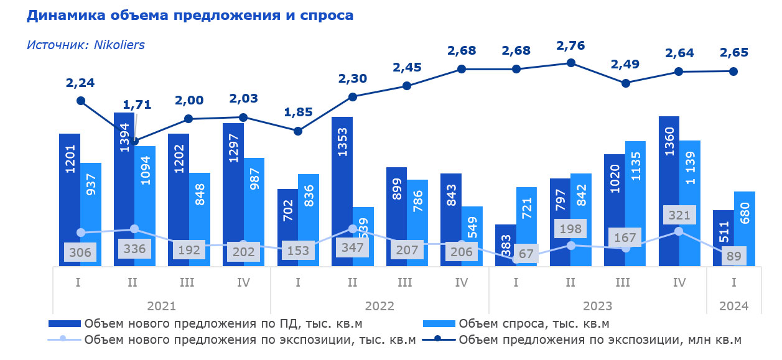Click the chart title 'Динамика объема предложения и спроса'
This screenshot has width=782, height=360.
pos(190,16)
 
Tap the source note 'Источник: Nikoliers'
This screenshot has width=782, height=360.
pos(86,45)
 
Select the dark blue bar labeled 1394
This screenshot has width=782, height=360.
pos(124,187)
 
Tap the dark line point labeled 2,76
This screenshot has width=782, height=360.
pos(571,63)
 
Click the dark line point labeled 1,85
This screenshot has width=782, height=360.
pos(298,131)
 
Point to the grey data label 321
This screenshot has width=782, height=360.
pos(679,215)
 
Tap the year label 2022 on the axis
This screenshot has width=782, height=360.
pos(379,306)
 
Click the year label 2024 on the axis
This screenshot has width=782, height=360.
pos(734,306)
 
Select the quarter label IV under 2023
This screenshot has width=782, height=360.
pos(679,283)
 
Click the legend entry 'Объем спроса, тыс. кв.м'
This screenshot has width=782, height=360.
pos(534,323)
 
